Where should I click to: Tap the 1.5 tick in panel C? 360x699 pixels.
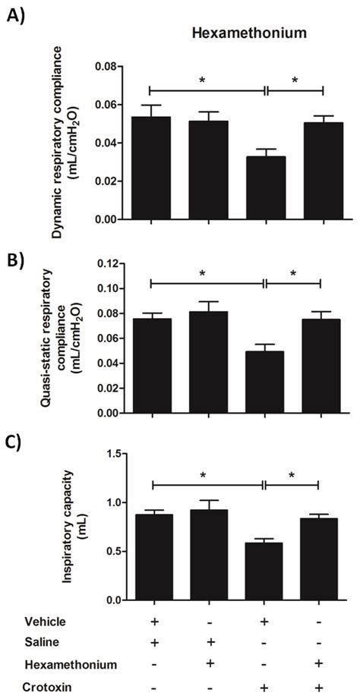pyautogui.click(x=112, y=453)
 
